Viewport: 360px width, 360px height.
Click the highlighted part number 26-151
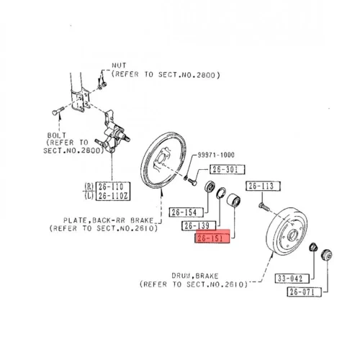(212, 238)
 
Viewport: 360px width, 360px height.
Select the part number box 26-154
(186, 212)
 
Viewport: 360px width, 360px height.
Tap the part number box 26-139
(199, 225)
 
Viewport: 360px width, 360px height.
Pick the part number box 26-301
(228, 169)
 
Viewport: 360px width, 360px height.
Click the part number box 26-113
(263, 186)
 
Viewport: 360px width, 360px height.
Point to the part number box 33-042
(292, 279)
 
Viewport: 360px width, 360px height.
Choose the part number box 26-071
(304, 292)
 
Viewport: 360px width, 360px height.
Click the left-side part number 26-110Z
(113, 196)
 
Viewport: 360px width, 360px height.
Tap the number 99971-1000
(216, 155)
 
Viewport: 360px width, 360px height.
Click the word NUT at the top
(119, 66)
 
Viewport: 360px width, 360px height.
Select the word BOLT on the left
(57, 135)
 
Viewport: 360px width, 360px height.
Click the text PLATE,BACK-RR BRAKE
(108, 220)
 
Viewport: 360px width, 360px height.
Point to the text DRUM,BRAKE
(195, 276)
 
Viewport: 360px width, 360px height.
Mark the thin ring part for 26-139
(221, 193)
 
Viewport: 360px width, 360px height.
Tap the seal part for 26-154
(210, 187)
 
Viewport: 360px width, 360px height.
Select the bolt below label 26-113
(264, 207)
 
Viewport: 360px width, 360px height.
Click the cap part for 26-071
(327, 255)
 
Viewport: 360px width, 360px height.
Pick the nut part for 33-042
(313, 247)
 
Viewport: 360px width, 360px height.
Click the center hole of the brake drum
(293, 235)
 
